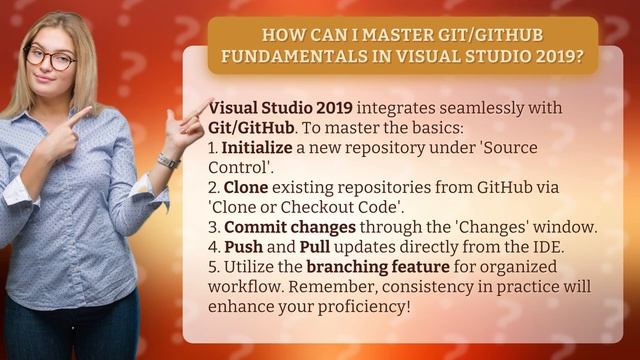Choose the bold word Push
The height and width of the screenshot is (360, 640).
[x=243, y=247]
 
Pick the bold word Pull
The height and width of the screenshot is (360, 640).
[x=315, y=247]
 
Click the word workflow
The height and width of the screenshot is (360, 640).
[x=245, y=287]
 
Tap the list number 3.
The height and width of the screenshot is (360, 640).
[x=214, y=227]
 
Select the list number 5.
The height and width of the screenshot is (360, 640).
[x=214, y=267]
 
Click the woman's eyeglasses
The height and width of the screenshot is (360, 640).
[x=51, y=57]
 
